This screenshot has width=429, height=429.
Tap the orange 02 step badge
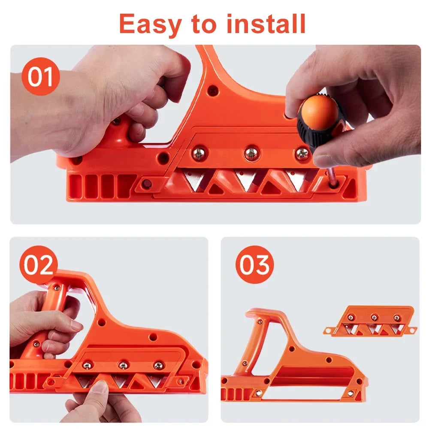point(39,265)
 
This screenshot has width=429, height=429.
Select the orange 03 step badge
point(254,265)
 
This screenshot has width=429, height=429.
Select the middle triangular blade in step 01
point(246,179)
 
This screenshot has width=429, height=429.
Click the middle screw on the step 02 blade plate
point(123,366)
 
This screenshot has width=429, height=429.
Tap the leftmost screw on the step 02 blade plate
point(87,365)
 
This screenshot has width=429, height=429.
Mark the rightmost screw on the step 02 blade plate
point(158,366)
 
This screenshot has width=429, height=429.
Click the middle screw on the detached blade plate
point(374,317)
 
